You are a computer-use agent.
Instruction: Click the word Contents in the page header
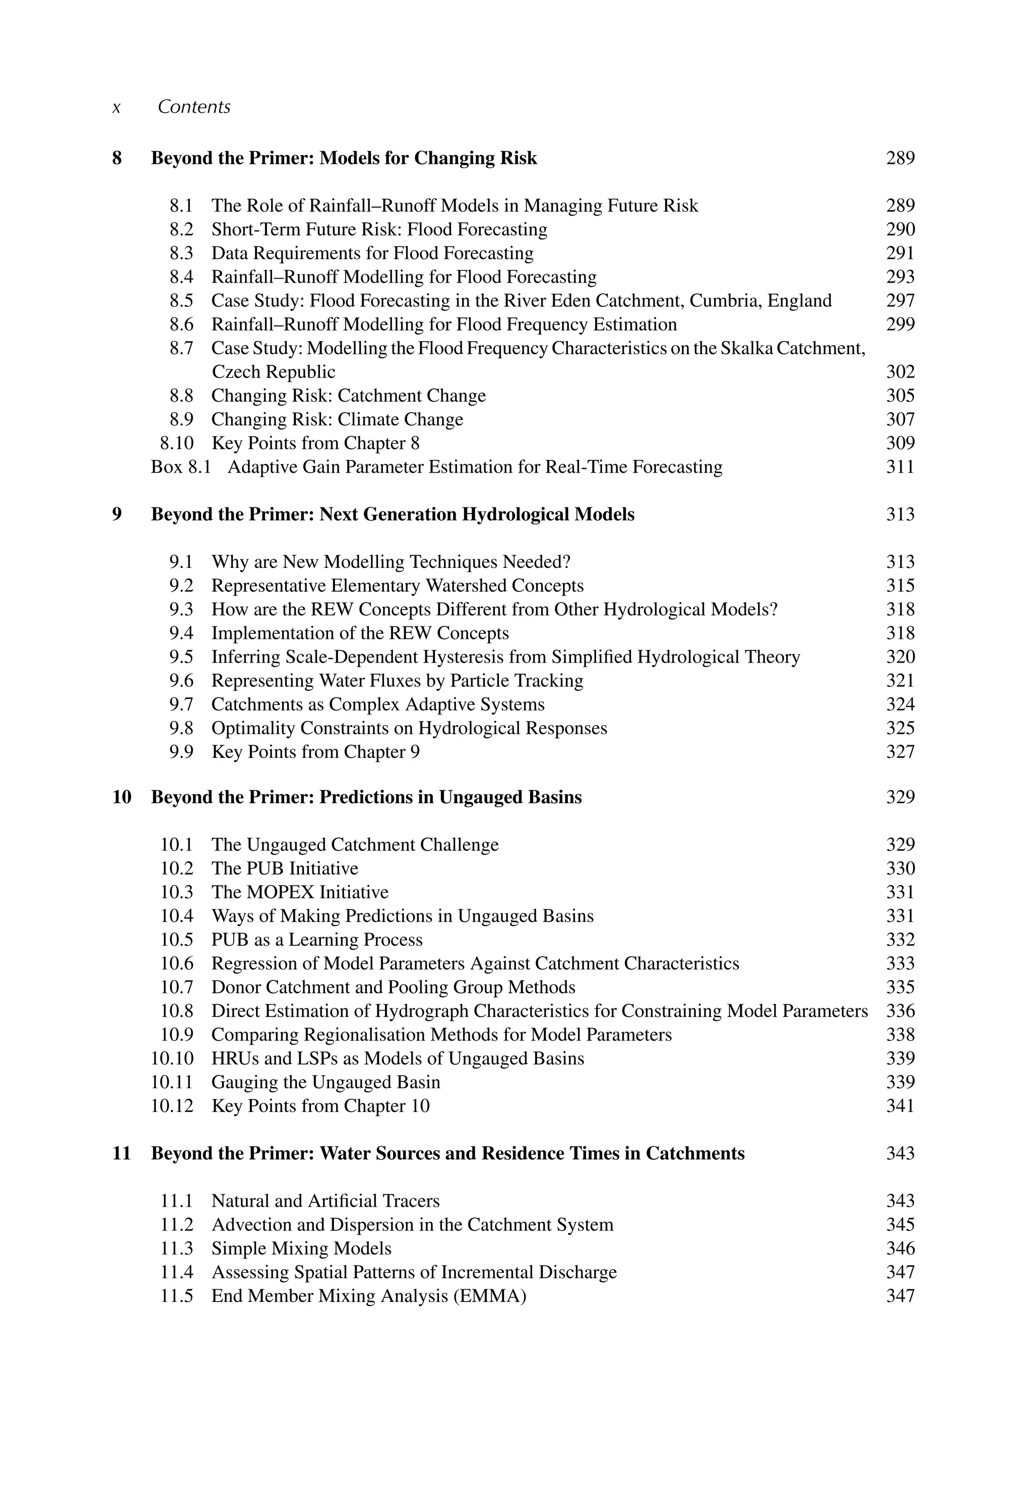[x=194, y=107]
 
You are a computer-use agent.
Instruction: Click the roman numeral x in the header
[x=116, y=107]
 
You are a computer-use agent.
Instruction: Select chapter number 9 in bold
[x=117, y=514]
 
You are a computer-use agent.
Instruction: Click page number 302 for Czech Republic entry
[x=900, y=372]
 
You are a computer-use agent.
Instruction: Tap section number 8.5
[x=181, y=301]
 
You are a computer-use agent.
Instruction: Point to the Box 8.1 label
[x=181, y=468]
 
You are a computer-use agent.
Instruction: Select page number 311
[x=900, y=468]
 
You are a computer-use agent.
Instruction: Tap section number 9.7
[x=181, y=704]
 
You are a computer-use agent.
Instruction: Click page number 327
[x=900, y=752]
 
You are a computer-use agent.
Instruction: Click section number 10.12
[x=172, y=1106]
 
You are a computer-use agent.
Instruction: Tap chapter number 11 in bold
[x=121, y=1154]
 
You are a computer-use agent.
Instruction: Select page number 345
[x=900, y=1225]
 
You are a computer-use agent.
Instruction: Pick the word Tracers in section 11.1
[x=411, y=1201]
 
